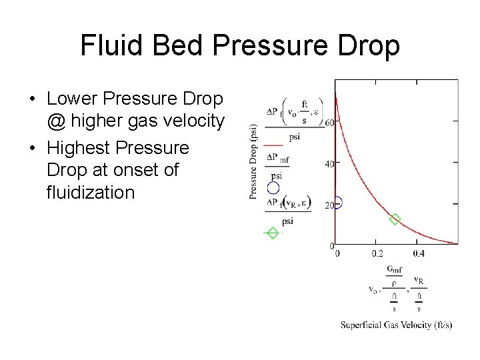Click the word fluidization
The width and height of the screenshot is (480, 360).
point(91,193)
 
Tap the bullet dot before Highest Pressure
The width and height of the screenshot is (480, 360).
point(32,148)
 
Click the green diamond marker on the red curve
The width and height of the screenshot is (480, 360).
point(395,219)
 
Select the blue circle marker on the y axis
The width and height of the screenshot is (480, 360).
point(337,203)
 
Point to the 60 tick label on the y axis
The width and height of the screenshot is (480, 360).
point(329,123)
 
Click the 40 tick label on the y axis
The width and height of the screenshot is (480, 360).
point(329,164)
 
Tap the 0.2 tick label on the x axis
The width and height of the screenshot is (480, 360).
point(377,253)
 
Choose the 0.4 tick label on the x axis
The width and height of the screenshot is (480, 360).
point(419,253)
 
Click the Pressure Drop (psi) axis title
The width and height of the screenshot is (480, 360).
point(253,161)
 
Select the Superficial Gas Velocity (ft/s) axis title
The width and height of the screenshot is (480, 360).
point(397,325)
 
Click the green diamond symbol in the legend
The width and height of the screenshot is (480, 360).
point(272,233)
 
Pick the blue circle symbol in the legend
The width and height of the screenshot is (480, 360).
point(273,188)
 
